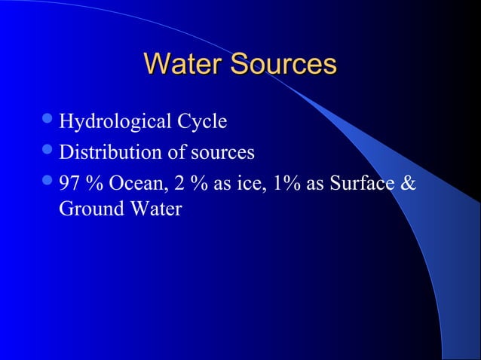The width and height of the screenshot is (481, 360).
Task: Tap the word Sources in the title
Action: pyautogui.click(x=283, y=64)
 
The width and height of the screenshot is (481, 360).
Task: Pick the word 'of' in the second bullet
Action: pyautogui.click(x=165, y=153)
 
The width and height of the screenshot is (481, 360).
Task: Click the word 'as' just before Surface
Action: pyautogui.click(x=319, y=185)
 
